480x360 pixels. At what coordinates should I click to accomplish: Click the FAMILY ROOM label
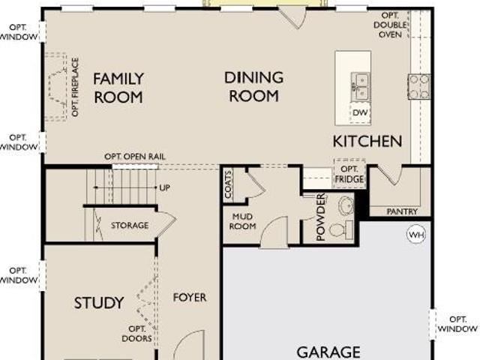pyautogui.click(x=118, y=88)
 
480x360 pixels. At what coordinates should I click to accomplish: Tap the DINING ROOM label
pyautogui.click(x=253, y=87)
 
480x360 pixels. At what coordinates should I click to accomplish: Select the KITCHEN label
pyautogui.click(x=367, y=141)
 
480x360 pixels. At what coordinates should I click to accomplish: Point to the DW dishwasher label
pyautogui.click(x=360, y=112)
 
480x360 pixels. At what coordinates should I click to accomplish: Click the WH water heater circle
pyautogui.click(x=417, y=235)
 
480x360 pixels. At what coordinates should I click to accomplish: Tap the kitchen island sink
pyautogui.click(x=360, y=87)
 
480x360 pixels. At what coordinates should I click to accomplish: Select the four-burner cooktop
pyautogui.click(x=418, y=87)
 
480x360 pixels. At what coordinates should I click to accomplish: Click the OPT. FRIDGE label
pyautogui.click(x=349, y=174)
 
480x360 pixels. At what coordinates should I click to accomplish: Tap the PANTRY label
pyautogui.click(x=402, y=211)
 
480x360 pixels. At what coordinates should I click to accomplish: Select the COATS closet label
pyautogui.click(x=228, y=184)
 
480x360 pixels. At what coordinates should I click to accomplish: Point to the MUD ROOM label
pyautogui.click(x=242, y=221)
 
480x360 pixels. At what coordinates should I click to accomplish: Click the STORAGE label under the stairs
pyautogui.click(x=130, y=226)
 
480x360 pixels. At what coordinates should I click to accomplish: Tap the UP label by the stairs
pyautogui.click(x=165, y=188)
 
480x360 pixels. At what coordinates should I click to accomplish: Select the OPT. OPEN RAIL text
pyautogui.click(x=135, y=157)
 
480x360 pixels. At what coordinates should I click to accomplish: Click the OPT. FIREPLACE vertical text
pyautogui.click(x=75, y=87)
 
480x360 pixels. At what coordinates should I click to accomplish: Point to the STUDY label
pyautogui.click(x=99, y=303)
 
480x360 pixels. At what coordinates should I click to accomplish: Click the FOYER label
pyautogui.click(x=190, y=298)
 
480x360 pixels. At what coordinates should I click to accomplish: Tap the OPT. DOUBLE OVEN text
pyautogui.click(x=390, y=25)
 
